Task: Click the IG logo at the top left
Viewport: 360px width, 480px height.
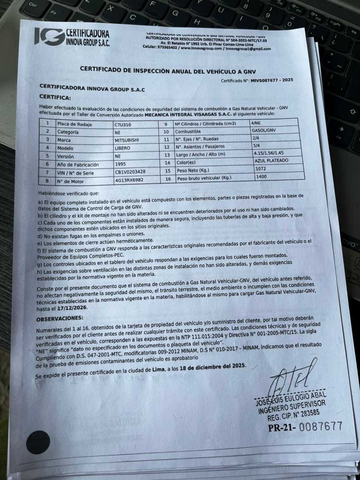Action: click(x=48, y=36)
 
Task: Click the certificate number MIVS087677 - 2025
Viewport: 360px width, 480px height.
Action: click(x=272, y=80)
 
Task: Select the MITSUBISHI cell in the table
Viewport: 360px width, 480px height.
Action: click(x=128, y=140)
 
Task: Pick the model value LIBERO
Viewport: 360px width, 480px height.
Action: click(x=123, y=148)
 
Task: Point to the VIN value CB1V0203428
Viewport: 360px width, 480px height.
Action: click(x=130, y=172)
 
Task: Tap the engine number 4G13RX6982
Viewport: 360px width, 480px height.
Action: click(x=130, y=181)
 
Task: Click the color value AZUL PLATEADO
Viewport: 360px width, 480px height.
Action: click(x=271, y=160)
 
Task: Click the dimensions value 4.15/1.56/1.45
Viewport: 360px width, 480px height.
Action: click(x=272, y=153)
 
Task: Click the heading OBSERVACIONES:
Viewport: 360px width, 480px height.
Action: click(x=60, y=319)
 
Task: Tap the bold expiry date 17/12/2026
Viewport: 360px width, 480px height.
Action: click(x=72, y=308)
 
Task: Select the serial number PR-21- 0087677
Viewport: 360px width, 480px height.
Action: click(x=305, y=427)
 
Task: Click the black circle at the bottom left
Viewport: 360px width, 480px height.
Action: click(x=38, y=442)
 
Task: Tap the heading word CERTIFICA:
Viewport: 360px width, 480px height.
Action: click(x=55, y=97)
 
